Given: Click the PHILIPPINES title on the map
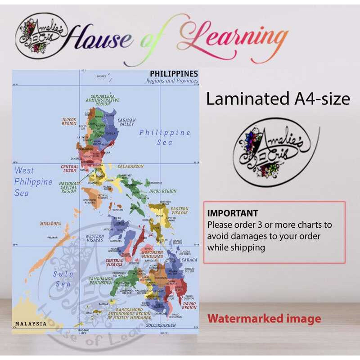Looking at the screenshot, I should coord(174,73).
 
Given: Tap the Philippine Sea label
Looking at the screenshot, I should coord(165,137).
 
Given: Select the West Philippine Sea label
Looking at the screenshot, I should coord(33,181).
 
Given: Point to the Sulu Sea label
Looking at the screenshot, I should coord(63,279).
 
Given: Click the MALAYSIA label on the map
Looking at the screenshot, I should coord(31,324).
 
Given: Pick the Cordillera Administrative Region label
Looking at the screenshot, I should coord(103,100).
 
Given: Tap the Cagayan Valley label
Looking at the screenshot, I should coord(126,122).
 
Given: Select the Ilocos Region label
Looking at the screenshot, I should coord(69,121).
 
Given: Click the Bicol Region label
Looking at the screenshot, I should coord(163,191).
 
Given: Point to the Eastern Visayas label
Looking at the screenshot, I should coord(180,211).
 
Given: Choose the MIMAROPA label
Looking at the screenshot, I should coord(50,224).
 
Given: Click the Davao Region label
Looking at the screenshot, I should coord(189,306).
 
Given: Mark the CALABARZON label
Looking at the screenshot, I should coord(130,166).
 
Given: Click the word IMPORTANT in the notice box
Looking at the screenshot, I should coord(233,213).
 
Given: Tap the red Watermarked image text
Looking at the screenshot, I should coord(264,319).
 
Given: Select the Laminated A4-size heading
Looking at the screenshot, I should coord(278,99).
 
